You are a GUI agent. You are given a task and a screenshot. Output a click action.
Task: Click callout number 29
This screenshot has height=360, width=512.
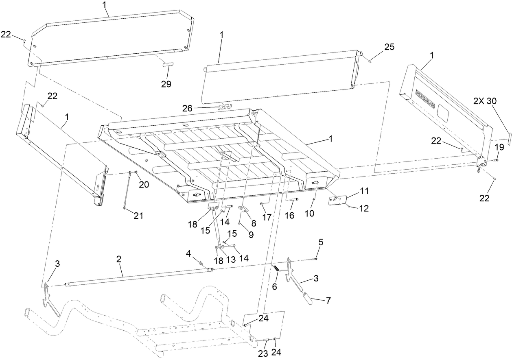[x=166, y=84]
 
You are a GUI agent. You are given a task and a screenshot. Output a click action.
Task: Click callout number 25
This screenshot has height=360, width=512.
[x=389, y=47]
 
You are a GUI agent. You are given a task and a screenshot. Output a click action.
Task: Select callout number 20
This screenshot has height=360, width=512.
[x=144, y=184]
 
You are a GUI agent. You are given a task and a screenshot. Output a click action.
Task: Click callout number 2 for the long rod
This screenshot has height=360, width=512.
[x=119, y=259]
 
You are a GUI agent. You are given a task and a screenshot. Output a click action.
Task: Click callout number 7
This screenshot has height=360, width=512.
[x=328, y=301]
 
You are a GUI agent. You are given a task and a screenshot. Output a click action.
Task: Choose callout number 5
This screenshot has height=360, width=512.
[x=321, y=242]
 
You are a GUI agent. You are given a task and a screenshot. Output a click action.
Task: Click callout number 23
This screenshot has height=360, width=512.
[x=263, y=353]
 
